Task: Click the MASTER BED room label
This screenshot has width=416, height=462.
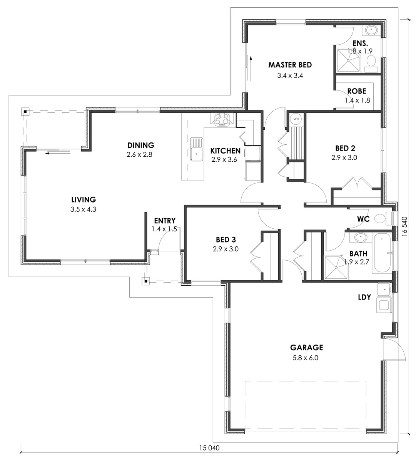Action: [x=290, y=65]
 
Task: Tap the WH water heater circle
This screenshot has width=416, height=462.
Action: [x=296, y=119]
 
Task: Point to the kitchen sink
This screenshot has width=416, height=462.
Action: [x=196, y=149]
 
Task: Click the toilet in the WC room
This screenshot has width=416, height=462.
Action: [x=383, y=218]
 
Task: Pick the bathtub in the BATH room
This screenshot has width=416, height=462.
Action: [x=383, y=253]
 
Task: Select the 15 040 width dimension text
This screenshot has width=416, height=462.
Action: [x=209, y=448]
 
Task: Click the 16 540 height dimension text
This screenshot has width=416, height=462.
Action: [x=404, y=227]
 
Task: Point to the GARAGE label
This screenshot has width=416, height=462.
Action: [x=306, y=347]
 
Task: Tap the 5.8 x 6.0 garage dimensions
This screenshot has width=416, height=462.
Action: [x=305, y=358]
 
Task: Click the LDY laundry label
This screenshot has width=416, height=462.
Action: [x=364, y=297]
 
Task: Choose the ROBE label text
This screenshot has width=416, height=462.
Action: [x=357, y=91]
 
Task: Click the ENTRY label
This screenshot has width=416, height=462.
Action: [x=165, y=221]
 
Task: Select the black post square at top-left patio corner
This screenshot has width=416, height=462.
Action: [x=25, y=112]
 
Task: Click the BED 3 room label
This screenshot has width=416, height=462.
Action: [x=226, y=240]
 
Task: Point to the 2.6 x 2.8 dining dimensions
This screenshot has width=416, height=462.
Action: [x=139, y=154]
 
